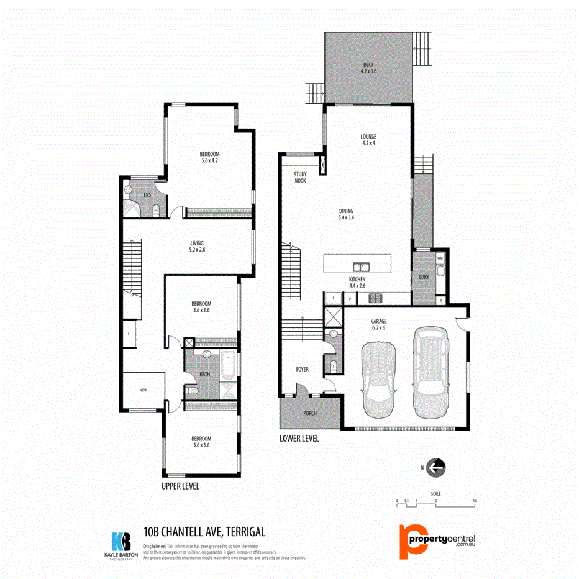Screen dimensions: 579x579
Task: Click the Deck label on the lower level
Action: [x=368, y=68]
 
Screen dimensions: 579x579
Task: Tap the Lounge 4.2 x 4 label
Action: [x=368, y=140]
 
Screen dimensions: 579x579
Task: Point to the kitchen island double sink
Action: [x=361, y=267]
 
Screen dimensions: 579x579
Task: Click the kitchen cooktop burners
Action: [x=375, y=298]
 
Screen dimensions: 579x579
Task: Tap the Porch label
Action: [x=309, y=413]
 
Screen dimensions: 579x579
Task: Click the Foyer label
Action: [x=302, y=369]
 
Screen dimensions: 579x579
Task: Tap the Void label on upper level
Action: [x=143, y=390]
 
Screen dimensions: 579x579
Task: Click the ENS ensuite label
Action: [x=147, y=194]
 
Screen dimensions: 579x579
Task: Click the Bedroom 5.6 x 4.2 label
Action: [x=209, y=157]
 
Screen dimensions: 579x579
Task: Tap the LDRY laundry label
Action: [x=424, y=276]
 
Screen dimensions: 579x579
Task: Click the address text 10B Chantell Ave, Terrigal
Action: [x=204, y=531]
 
